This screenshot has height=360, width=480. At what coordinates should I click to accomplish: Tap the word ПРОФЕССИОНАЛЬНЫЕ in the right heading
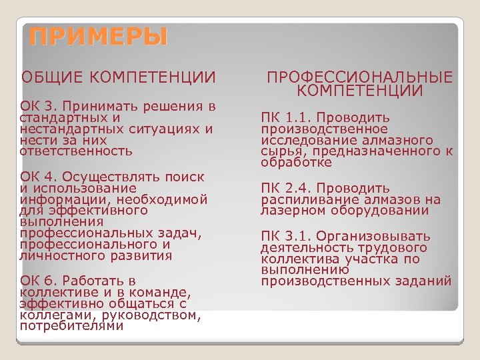pyautogui.click(x=359, y=77)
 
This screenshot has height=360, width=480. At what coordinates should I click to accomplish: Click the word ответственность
pyautogui.click(x=77, y=151)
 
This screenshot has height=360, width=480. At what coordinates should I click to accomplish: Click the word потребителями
pyautogui.click(x=72, y=326)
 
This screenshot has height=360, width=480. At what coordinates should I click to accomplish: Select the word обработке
pyautogui.click(x=296, y=163)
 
